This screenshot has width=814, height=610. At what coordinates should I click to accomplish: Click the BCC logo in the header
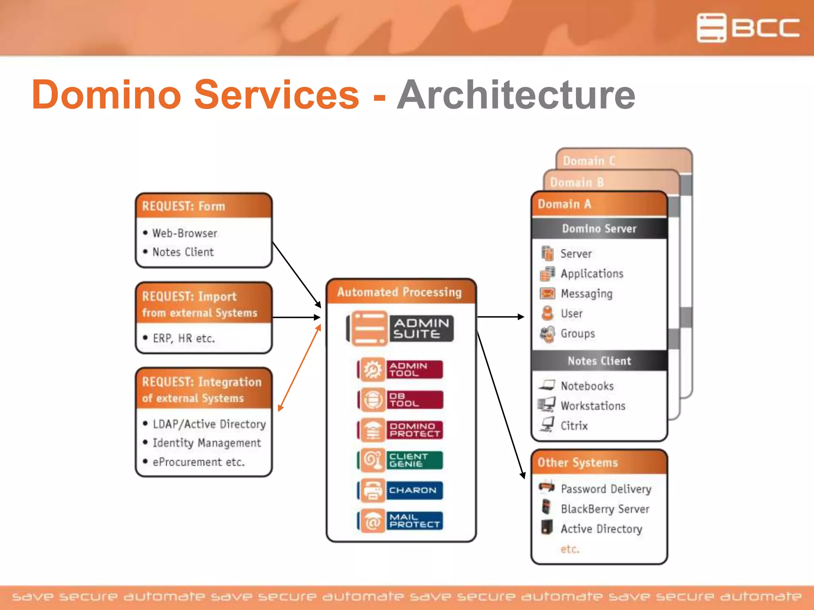point(748,28)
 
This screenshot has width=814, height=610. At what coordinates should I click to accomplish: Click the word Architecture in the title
point(516,95)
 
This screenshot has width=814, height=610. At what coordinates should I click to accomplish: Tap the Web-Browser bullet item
point(184,233)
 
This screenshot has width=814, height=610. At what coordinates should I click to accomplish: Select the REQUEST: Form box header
point(203,206)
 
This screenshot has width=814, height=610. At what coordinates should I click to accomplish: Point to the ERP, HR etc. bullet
point(184,338)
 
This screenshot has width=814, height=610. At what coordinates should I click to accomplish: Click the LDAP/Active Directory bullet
point(209,424)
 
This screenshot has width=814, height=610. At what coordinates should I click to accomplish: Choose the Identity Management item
point(207,443)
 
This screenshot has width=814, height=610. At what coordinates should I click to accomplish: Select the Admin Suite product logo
point(400,328)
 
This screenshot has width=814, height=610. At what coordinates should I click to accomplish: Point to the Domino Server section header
point(599,228)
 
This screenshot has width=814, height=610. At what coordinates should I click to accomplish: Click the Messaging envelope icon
point(547,293)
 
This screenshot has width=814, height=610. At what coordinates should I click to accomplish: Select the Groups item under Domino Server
point(578,334)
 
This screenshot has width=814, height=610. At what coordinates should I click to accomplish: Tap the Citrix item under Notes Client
point(574,426)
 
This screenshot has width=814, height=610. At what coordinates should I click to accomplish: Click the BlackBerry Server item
point(605,509)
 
